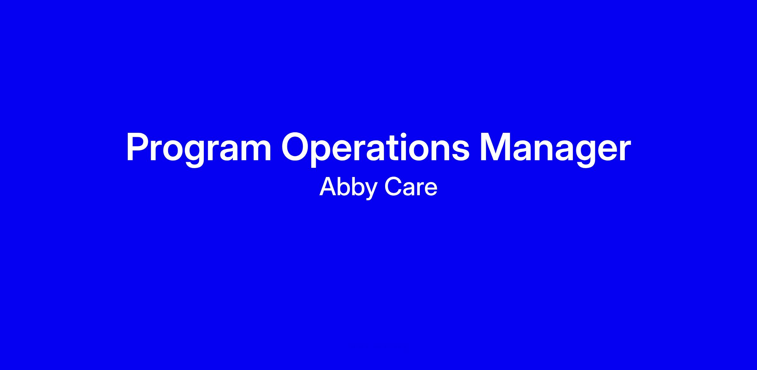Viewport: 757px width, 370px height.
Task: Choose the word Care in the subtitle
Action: click(411, 187)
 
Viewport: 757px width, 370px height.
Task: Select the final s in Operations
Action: click(459, 151)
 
